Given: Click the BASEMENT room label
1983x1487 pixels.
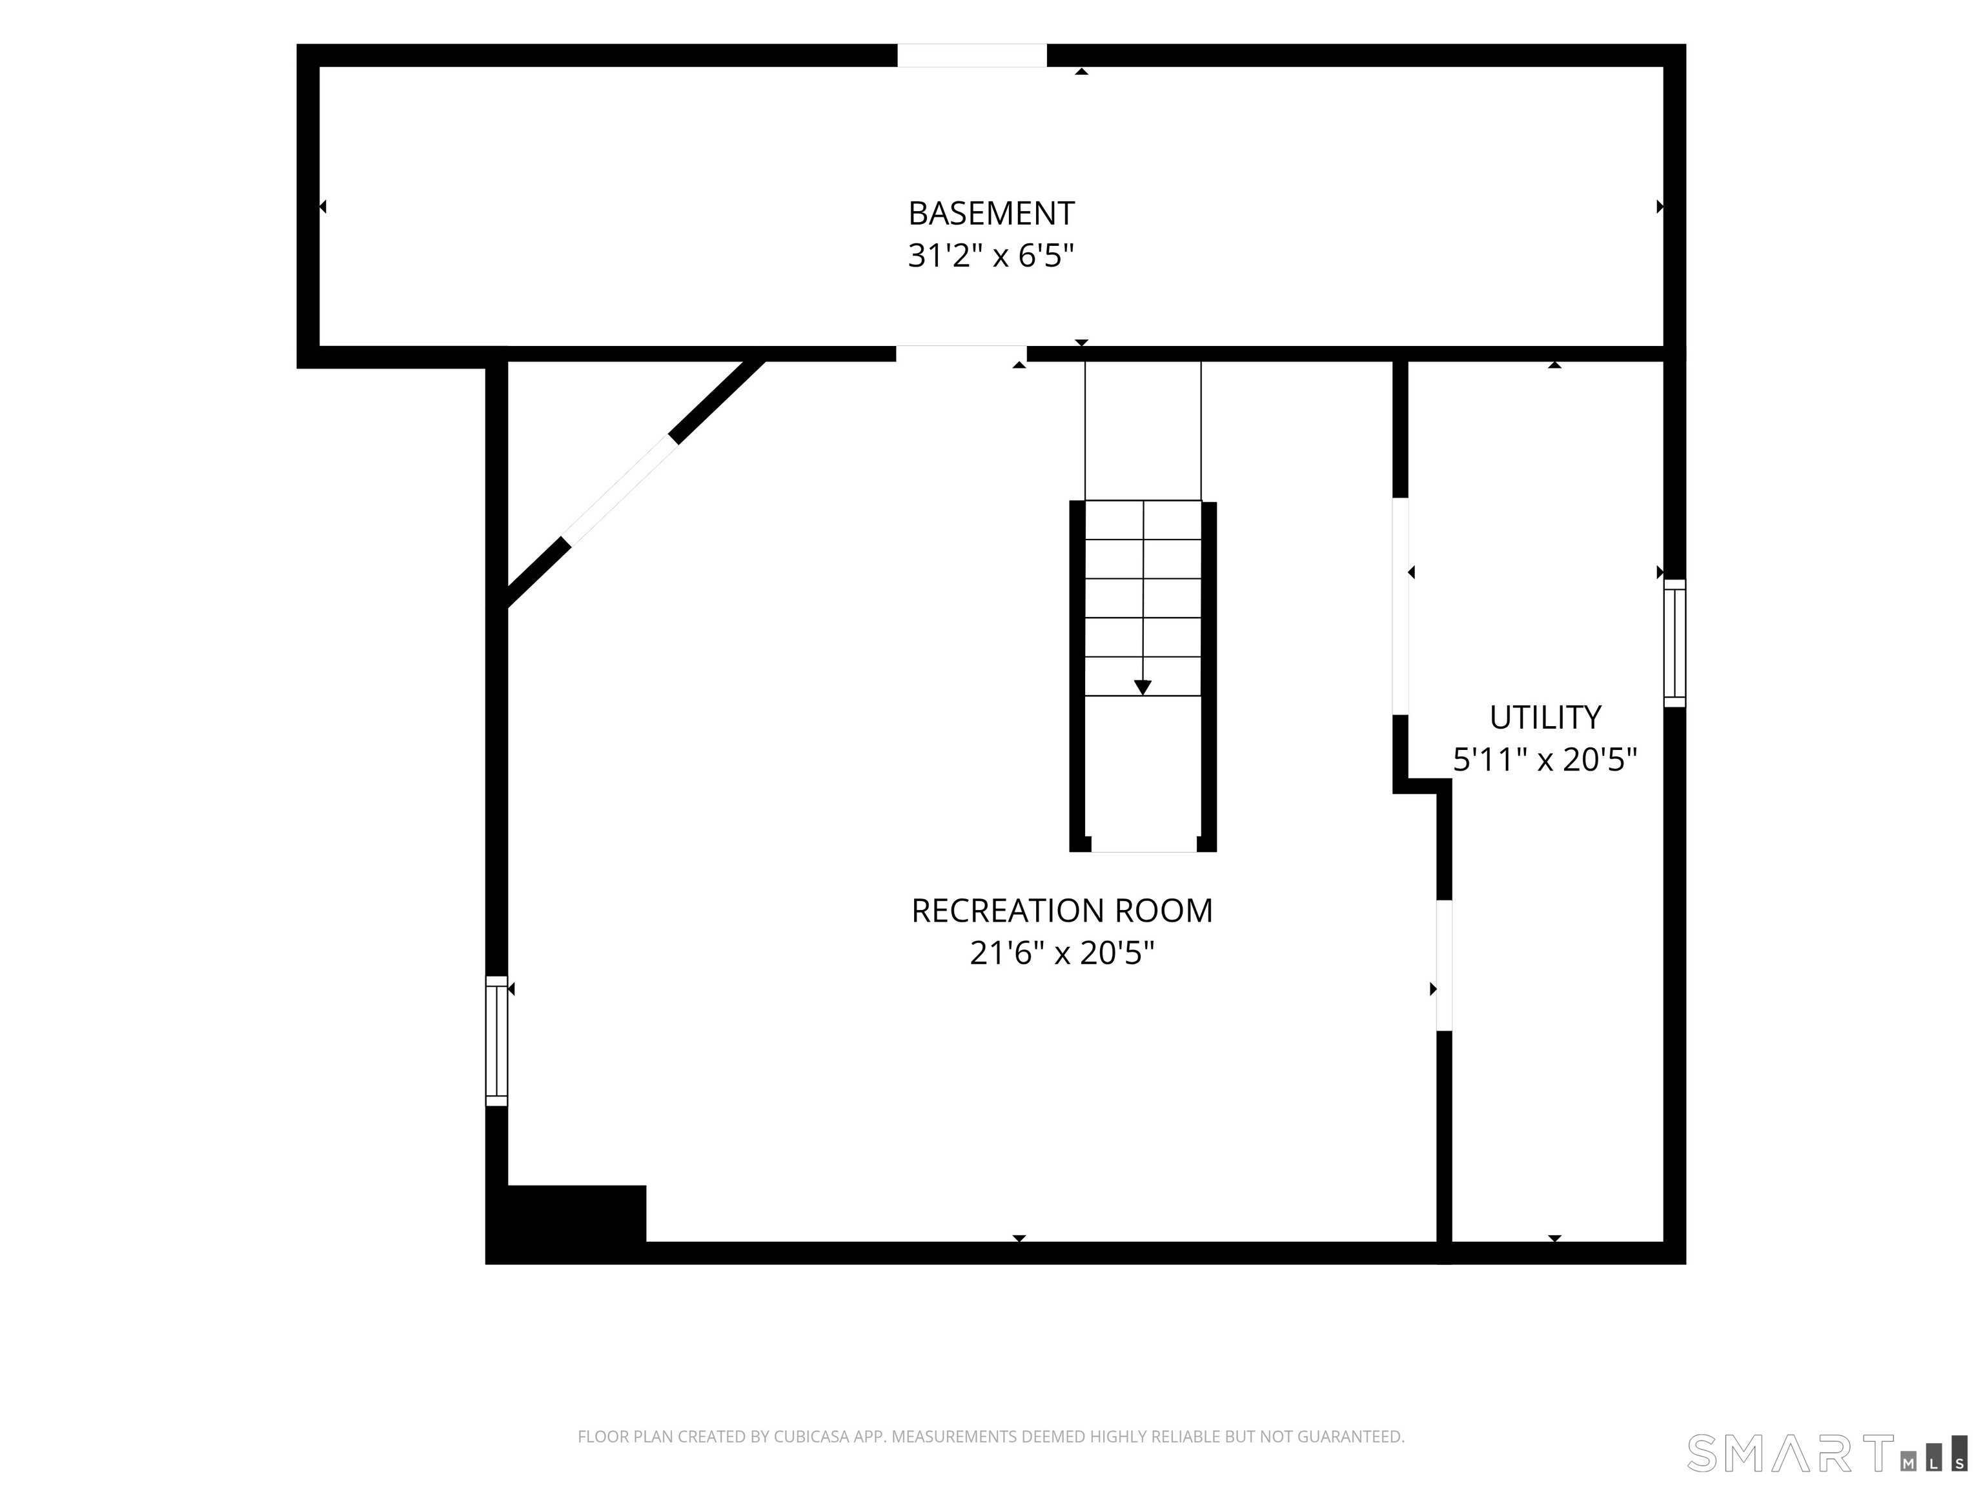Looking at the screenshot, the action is pyautogui.click(x=991, y=214).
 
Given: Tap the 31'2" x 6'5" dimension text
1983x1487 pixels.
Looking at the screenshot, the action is pyautogui.click(x=991, y=256).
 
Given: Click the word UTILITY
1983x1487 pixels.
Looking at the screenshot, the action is pyautogui.click(x=1545, y=717).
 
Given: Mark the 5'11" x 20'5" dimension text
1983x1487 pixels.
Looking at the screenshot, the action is pyautogui.click(x=1545, y=760).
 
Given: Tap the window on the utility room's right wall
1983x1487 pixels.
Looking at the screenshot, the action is pyautogui.click(x=1674, y=643).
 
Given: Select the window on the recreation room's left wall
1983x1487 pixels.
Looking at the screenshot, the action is pyautogui.click(x=496, y=1040).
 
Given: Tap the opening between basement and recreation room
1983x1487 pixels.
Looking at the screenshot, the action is pyautogui.click(x=961, y=353).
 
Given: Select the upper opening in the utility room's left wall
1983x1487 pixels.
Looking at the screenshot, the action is pyautogui.click(x=1400, y=606).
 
